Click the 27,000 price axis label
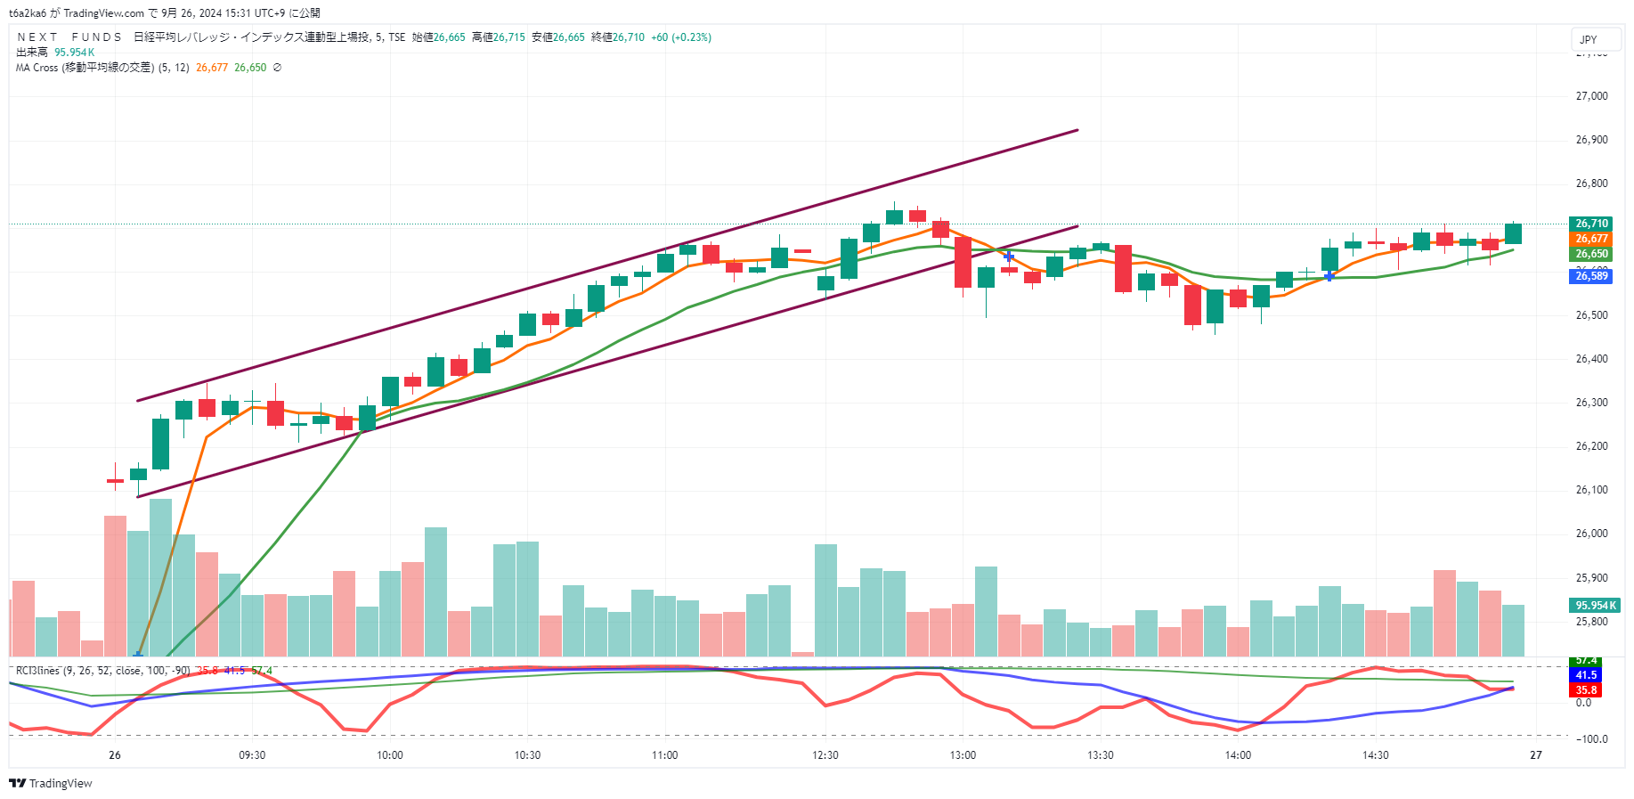(1591, 96)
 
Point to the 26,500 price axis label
(1591, 315)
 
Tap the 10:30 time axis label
(527, 755)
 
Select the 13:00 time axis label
(963, 755)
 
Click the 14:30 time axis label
(1375, 755)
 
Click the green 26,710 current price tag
(1591, 224)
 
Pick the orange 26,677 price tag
(1591, 239)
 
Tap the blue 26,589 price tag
(1591, 276)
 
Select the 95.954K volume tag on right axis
(1595, 606)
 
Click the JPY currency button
(1589, 39)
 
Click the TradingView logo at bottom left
(51, 784)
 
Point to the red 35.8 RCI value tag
(1586, 690)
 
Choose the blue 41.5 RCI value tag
(1586, 675)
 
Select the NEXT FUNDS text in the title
(69, 37)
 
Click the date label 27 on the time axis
(1535, 755)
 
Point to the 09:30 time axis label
(252, 755)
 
